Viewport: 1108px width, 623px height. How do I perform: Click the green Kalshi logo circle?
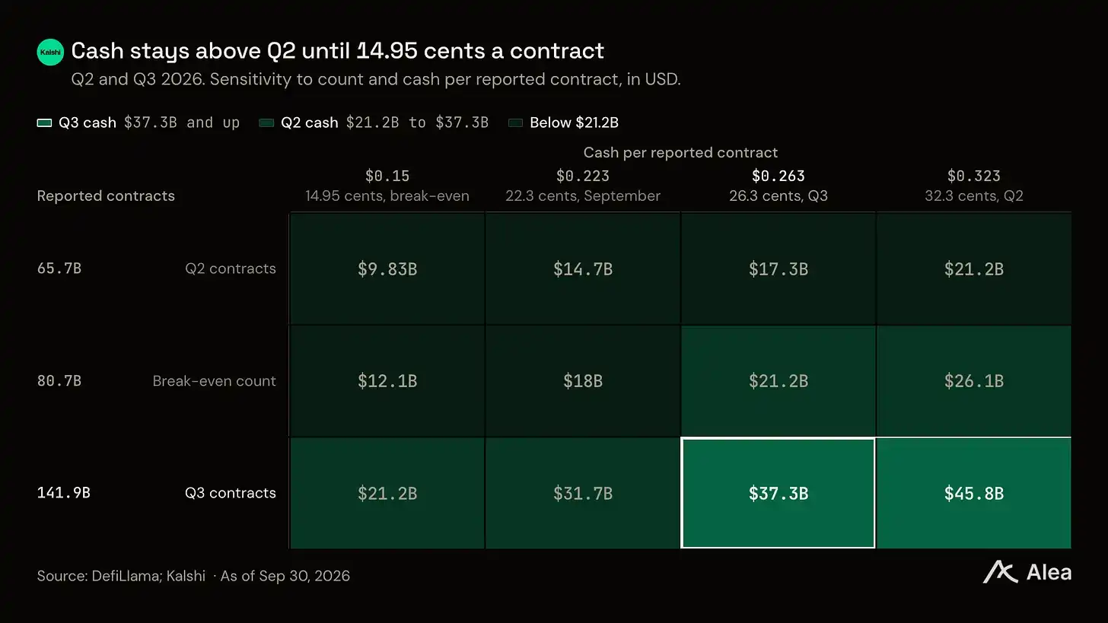tap(50, 52)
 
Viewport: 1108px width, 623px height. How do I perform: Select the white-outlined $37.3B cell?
tap(778, 493)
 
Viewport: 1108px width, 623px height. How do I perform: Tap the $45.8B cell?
tap(973, 493)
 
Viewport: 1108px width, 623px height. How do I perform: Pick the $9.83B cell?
tap(387, 269)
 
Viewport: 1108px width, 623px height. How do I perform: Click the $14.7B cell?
tap(583, 269)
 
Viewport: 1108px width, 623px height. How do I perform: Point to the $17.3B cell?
tap(778, 269)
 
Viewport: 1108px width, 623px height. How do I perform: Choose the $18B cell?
tap(583, 381)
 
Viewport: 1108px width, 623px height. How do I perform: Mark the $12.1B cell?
tap(387, 381)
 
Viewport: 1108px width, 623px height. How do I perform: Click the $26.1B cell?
tap(973, 381)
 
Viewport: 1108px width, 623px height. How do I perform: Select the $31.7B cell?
tap(583, 493)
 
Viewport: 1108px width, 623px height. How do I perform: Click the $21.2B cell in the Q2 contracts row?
tap(973, 269)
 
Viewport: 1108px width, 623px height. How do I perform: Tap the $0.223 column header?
tap(583, 176)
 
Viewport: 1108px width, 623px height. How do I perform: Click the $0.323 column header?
tap(973, 176)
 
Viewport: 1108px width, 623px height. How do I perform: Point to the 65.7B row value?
tap(59, 269)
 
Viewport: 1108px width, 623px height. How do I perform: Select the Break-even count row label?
tap(214, 380)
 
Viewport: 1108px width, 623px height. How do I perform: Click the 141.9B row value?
tap(63, 492)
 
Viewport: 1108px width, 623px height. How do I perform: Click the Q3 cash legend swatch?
tap(44, 122)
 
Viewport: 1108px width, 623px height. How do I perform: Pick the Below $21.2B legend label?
tap(574, 122)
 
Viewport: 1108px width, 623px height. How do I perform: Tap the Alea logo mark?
tap(1000, 572)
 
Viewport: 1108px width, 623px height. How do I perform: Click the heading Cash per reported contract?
tap(680, 152)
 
